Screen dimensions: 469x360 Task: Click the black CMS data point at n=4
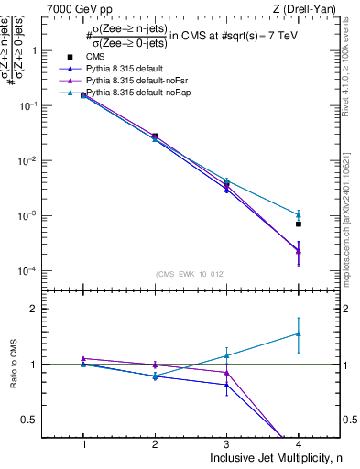pyautogui.click(x=299, y=224)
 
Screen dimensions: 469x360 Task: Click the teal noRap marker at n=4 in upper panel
pyautogui.click(x=299, y=215)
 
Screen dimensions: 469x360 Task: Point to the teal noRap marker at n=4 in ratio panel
pyautogui.click(x=299, y=334)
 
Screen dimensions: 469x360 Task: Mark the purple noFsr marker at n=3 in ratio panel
pyautogui.click(x=227, y=373)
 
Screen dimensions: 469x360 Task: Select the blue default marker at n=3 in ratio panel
pyautogui.click(x=227, y=385)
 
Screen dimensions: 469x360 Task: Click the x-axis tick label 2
pyautogui.click(x=155, y=444)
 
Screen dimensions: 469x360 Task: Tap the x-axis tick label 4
pyautogui.click(x=299, y=444)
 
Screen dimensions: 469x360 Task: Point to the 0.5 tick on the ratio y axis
pyautogui.click(x=39, y=420)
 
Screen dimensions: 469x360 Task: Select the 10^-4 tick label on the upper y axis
pyautogui.click(x=37, y=271)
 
